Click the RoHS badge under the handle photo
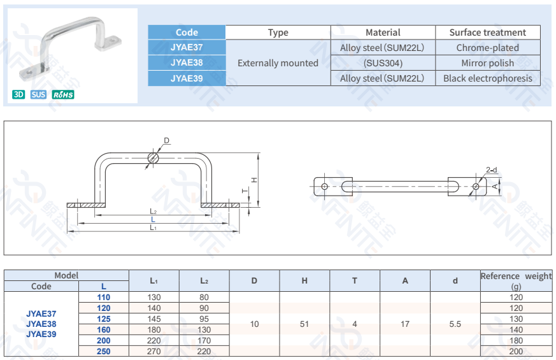[63, 95]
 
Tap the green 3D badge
[18, 95]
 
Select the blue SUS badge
[38, 95]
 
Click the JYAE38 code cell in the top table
[187, 62]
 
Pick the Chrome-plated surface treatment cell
[487, 48]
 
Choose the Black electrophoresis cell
[487, 78]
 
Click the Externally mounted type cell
[278, 63]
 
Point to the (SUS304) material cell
[383, 63]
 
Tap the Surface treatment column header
[487, 32]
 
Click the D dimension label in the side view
[166, 141]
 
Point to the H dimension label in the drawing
[253, 180]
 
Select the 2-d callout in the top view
[491, 170]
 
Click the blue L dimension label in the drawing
[153, 219]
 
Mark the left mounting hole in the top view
[325, 186]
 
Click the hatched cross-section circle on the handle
[153, 157]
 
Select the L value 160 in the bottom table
[103, 330]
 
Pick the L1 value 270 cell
[153, 351]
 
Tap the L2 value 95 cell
[204, 319]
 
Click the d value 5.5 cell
[455, 324]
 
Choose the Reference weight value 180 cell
[516, 341]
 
